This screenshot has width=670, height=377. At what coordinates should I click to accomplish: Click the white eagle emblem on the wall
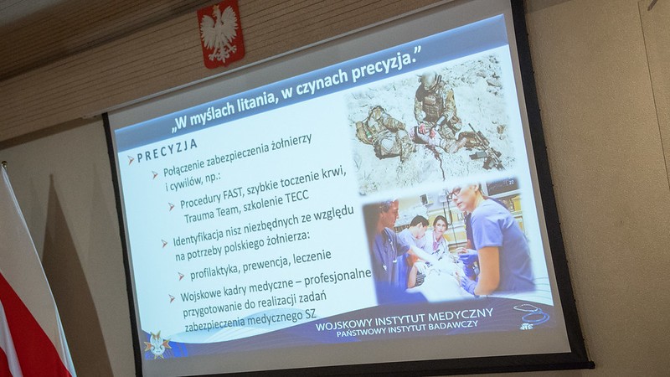click(x=219, y=34)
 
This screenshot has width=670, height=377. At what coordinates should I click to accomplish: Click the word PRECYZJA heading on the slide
click(x=167, y=150)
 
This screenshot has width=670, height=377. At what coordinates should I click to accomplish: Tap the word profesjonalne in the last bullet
click(x=338, y=279)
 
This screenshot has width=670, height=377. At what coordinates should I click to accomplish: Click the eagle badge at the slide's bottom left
click(x=157, y=344)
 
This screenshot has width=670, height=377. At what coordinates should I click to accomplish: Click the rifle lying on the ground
click(x=485, y=147)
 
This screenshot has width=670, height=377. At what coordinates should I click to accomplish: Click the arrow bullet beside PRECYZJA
click(x=131, y=160)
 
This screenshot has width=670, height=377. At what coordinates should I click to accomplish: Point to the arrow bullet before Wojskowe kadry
click(x=172, y=298)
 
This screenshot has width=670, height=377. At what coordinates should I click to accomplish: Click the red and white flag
click(x=27, y=299)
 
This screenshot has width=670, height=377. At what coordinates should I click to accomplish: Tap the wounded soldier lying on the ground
click(x=384, y=132)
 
